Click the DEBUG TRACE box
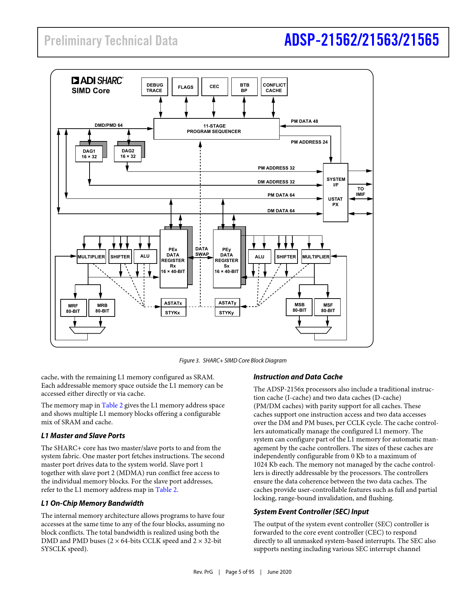(x=155, y=87)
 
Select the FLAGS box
(x=185, y=87)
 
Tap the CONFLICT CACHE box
(x=274, y=87)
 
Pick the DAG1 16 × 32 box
(x=89, y=154)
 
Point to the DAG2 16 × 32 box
(x=128, y=153)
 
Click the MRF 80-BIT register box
(x=73, y=308)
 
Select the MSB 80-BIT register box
(x=299, y=307)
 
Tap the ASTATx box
(x=173, y=303)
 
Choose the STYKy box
(x=227, y=312)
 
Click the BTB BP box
(x=244, y=87)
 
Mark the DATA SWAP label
(x=202, y=251)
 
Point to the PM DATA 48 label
(x=304, y=121)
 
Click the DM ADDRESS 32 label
(x=276, y=182)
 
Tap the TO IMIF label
(x=360, y=191)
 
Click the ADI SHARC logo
(x=98, y=80)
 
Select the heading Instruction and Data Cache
(x=298, y=377)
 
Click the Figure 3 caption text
(x=233, y=360)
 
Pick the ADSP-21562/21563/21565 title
(x=361, y=40)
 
